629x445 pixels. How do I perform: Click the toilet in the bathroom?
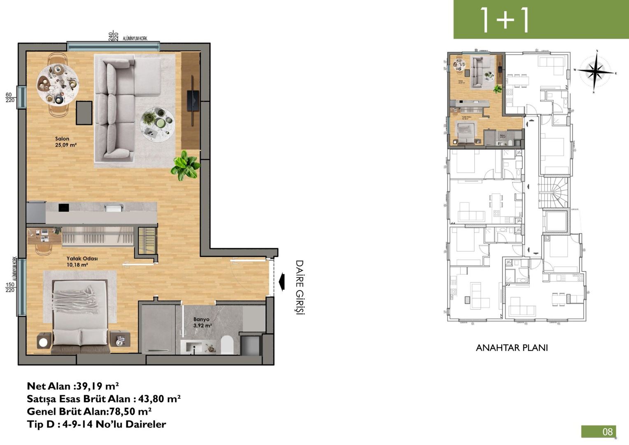click(x=227, y=345)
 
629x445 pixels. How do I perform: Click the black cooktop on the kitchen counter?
click(x=63, y=208)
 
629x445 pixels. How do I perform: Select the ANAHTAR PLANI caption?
click(x=512, y=348)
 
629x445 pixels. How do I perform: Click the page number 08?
click(x=607, y=431)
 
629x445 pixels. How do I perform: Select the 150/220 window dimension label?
click(x=10, y=287)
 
